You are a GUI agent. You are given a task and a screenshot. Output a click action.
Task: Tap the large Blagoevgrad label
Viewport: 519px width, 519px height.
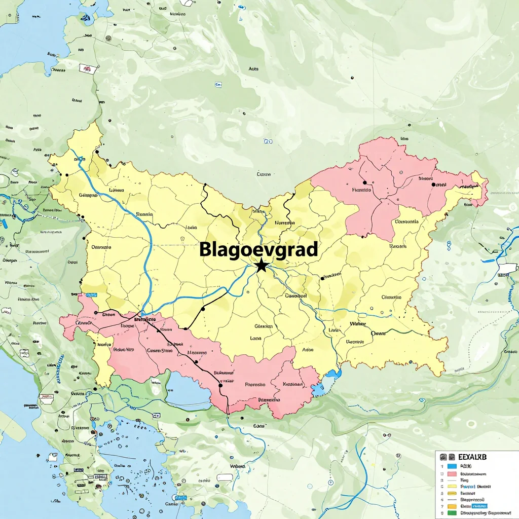(x=258, y=249)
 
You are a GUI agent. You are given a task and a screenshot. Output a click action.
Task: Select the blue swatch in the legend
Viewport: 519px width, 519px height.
(x=453, y=466)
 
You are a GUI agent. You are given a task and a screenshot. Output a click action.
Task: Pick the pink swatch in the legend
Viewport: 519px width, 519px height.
(x=453, y=473)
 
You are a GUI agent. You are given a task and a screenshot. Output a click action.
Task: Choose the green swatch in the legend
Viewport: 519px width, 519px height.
(x=453, y=513)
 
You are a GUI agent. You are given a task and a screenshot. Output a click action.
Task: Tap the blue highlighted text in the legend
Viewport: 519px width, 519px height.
(x=479, y=506)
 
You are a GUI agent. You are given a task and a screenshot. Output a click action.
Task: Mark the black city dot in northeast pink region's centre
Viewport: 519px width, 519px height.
(x=364, y=181)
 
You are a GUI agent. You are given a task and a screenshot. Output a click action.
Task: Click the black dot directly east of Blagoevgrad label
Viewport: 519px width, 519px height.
(x=322, y=278)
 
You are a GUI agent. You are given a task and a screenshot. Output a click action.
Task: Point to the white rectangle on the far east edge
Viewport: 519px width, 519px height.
(x=508, y=268)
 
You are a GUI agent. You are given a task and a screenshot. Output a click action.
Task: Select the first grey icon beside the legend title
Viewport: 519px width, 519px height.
(x=442, y=457)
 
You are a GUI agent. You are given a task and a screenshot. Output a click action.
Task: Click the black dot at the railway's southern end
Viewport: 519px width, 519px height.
(x=220, y=385)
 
